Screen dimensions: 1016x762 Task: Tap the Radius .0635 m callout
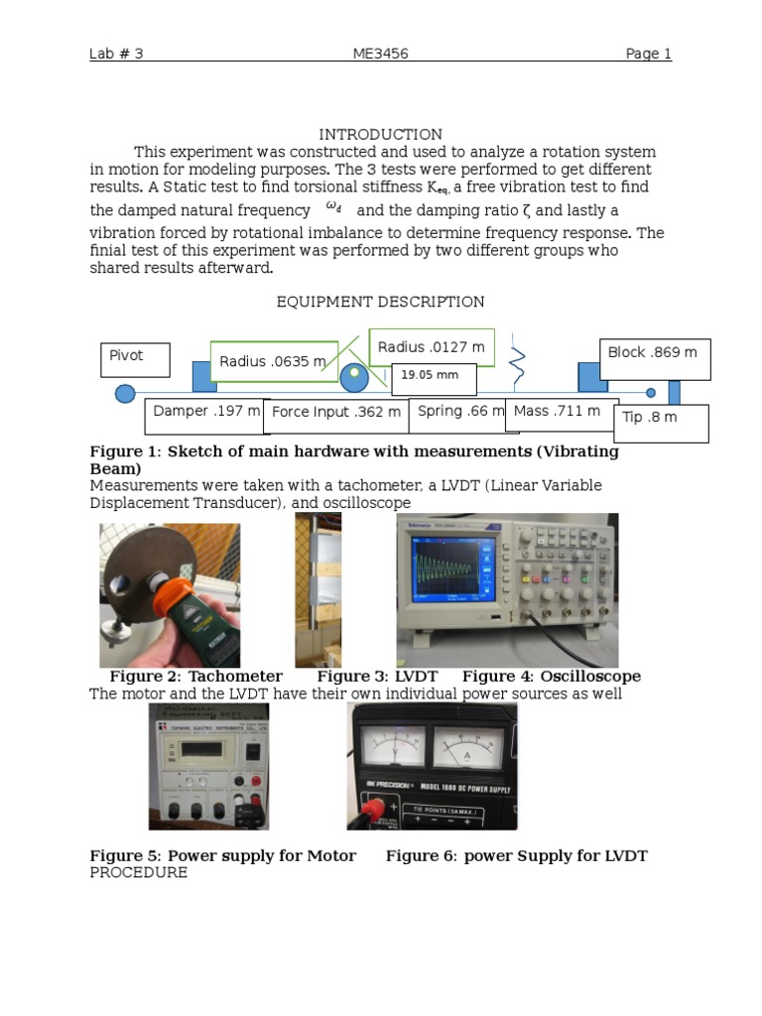[273, 361]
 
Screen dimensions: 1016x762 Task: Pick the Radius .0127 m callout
[432, 347]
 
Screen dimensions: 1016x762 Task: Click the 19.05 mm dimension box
[434, 378]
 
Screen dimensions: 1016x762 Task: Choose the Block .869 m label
[654, 358]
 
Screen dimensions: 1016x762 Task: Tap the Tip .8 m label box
[661, 422]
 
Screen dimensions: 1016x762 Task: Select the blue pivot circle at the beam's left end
[125, 393]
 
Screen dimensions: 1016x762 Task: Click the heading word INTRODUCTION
[380, 134]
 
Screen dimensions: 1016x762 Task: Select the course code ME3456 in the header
[380, 54]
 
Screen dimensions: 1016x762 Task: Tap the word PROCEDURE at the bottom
[138, 872]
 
